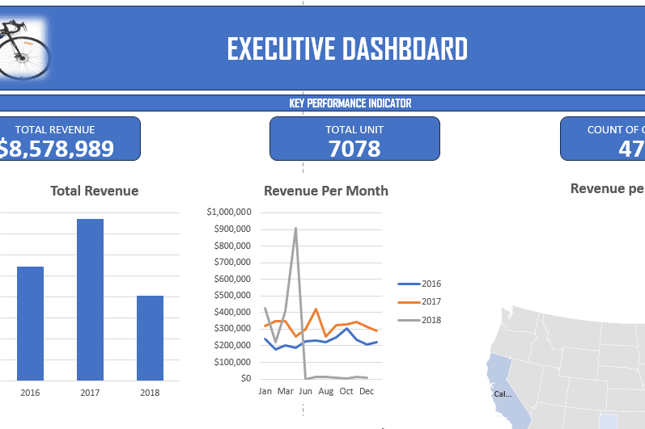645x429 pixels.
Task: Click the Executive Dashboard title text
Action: [346, 49]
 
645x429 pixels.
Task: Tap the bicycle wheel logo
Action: [23, 49]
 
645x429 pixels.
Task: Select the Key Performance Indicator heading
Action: [350, 103]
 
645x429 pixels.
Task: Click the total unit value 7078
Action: [354, 149]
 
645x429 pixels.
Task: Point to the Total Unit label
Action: [354, 129]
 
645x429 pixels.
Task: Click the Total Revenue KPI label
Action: [55, 129]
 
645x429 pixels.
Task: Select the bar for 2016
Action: [31, 323]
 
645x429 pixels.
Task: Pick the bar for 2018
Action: [150, 338]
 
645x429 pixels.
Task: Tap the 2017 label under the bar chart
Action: [90, 392]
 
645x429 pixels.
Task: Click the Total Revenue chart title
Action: [95, 191]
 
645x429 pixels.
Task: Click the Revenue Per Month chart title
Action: [326, 191]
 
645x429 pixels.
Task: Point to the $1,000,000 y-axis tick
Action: [229, 212]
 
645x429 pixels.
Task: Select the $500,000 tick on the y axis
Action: [232, 295]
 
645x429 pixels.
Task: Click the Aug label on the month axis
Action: [326, 391]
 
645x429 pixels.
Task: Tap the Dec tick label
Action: [367, 391]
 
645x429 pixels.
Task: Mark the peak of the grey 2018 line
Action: [295, 228]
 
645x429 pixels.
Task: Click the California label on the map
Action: [503, 394]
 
